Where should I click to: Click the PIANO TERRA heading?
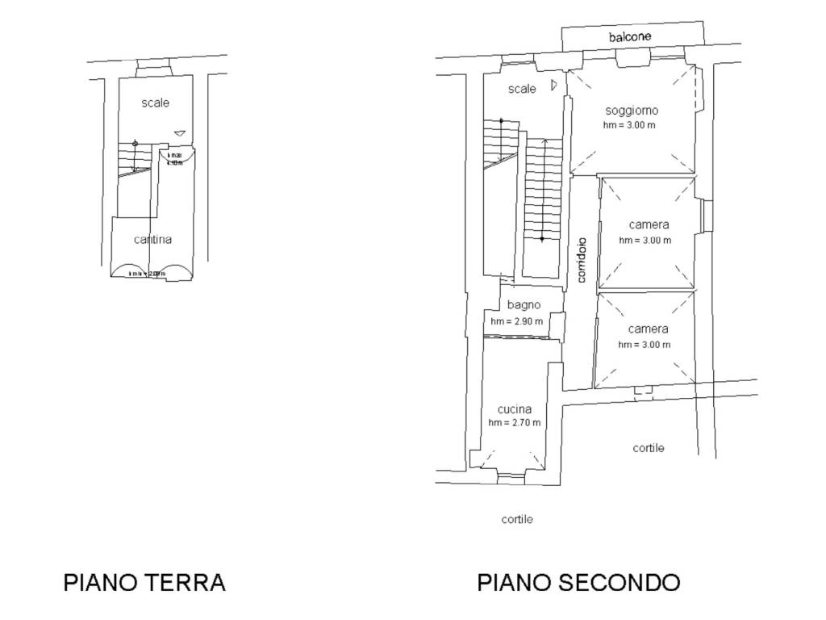coord(144,582)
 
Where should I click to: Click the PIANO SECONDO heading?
coord(578,582)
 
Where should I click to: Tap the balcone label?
coord(630,37)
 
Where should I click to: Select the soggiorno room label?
coord(632,110)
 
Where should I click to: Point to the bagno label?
coord(524,305)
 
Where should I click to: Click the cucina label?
coord(514,408)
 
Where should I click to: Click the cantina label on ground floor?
coord(152,239)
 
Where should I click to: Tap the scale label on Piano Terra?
coord(156,103)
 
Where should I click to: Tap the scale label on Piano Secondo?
coord(522,89)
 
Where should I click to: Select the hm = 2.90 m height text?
coord(516,321)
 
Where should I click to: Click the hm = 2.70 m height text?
coord(514,422)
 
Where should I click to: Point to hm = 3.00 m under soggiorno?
coord(629,125)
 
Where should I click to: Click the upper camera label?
coord(649,224)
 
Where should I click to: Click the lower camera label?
coord(649,329)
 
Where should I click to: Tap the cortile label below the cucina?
coord(517,519)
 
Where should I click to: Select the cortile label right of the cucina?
coord(649,447)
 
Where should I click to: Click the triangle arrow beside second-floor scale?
coord(553,85)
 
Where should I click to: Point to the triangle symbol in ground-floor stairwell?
coord(180,133)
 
